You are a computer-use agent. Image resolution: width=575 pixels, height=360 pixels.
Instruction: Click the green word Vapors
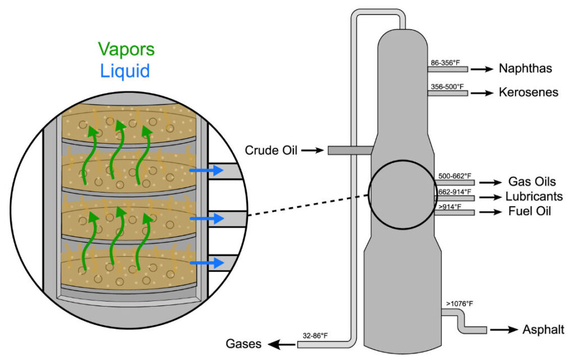point(126,49)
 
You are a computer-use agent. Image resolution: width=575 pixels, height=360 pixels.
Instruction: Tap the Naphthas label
point(526,69)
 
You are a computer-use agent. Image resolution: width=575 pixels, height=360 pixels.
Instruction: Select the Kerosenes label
point(528,92)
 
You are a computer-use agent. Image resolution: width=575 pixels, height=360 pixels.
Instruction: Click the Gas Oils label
point(532,182)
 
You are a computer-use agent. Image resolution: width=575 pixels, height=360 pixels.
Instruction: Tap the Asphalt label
point(543,330)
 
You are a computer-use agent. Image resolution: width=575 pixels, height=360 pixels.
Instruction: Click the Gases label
point(244,343)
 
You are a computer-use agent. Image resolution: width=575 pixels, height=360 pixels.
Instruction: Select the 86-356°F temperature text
point(448,62)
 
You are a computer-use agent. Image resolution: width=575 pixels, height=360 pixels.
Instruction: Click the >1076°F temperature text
point(459,304)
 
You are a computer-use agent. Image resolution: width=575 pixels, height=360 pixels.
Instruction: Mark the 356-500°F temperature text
point(446,86)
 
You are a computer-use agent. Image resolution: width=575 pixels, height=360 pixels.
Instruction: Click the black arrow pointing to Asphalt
point(504,330)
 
